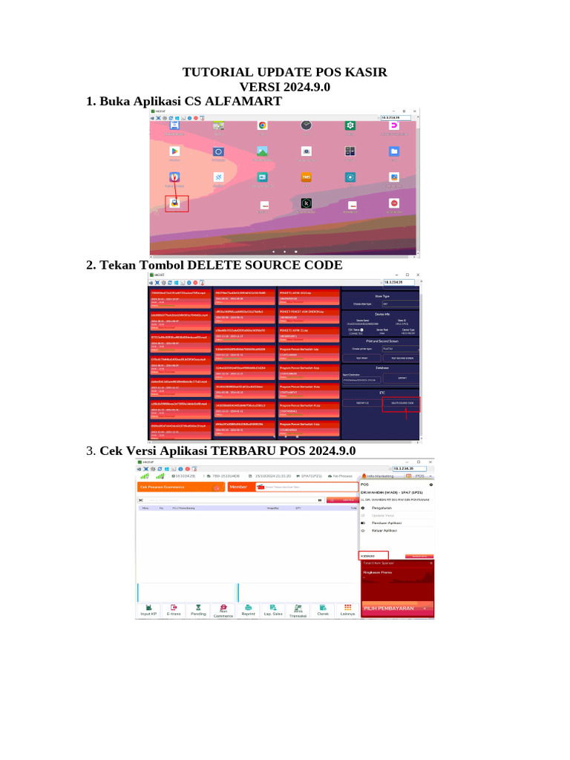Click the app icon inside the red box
pos(174,203)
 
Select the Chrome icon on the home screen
pos(262,125)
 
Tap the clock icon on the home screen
pos(306,125)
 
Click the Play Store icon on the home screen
pos(174,151)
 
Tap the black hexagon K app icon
pos(306,203)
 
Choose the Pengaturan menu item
pos(382,508)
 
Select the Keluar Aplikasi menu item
pos(385,531)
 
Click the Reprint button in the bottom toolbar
pos(248,610)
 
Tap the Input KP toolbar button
pos(148,610)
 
